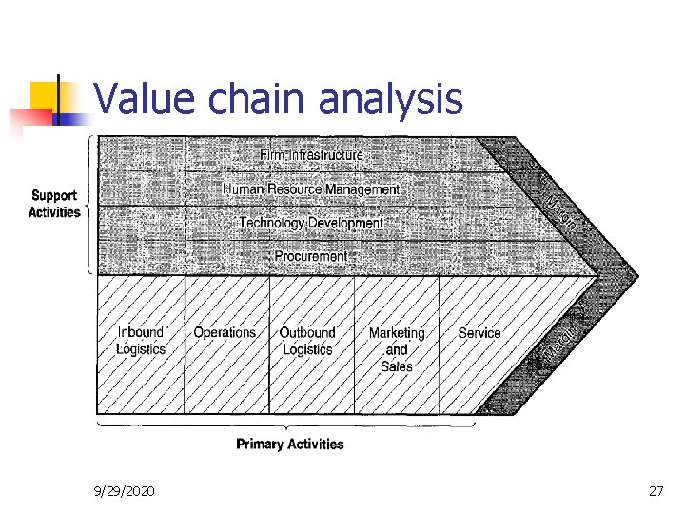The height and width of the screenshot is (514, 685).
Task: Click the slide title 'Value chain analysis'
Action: pos(279,99)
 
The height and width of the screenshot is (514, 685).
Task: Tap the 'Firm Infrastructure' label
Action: pos(311,154)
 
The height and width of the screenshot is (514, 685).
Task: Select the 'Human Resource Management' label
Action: pos(311,189)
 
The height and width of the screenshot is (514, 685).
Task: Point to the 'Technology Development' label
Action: pos(311,223)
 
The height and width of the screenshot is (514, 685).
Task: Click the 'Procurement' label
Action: pos(311,256)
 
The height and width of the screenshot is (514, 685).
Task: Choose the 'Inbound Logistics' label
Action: pos(141,341)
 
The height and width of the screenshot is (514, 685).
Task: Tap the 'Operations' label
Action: pos(225,333)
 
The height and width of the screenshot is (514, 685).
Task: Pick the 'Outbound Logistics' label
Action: pos(307,341)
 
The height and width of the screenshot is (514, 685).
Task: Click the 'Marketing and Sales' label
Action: pos(397,348)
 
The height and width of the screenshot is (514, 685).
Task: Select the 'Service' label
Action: pos(479,333)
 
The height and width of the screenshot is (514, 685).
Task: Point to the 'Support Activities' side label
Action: pos(54,205)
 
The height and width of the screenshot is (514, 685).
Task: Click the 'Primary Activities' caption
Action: pos(290,444)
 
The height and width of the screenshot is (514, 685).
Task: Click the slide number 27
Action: pos(655,490)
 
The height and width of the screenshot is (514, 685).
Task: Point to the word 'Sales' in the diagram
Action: pos(397,366)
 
